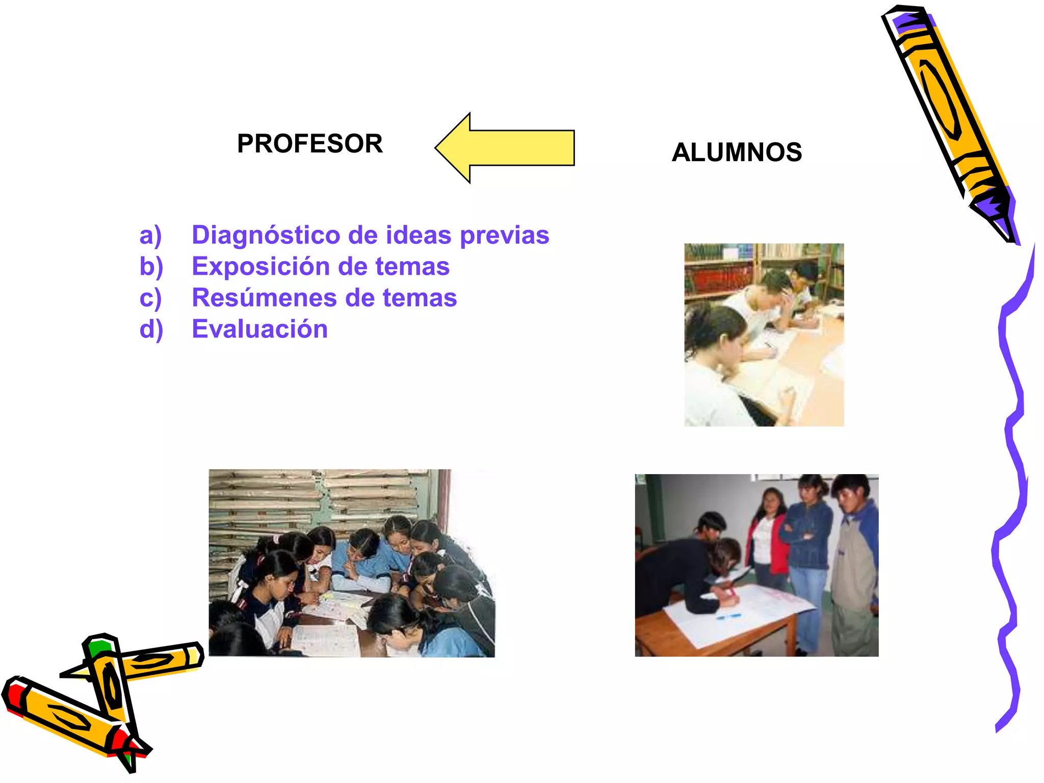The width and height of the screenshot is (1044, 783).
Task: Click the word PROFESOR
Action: [309, 144]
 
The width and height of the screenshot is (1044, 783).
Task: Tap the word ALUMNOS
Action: [737, 152]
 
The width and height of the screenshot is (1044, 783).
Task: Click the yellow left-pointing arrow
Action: [505, 148]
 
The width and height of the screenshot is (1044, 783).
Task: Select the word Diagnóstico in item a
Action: [266, 236]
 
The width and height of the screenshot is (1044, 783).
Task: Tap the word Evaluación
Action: [259, 329]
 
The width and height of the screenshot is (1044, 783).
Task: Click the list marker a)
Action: [150, 236]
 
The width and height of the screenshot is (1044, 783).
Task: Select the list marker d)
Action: [151, 330]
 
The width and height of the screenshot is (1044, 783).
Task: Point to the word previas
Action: [504, 236]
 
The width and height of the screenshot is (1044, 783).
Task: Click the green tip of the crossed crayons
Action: [98, 647]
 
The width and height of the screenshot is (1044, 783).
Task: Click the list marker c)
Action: [150, 298]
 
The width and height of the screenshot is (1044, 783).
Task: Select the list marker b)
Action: [151, 267]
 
